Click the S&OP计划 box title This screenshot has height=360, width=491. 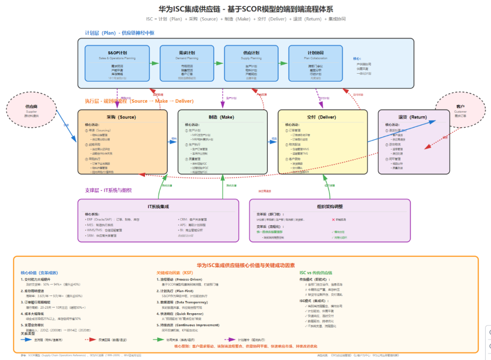(117, 53)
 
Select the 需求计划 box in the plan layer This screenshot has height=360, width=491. (181, 63)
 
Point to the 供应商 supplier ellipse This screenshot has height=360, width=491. (31, 110)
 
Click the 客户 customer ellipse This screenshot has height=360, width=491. (460, 110)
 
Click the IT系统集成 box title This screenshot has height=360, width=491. (158, 206)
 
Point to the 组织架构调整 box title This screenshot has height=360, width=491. (330, 206)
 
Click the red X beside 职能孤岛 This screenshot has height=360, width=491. (333, 220)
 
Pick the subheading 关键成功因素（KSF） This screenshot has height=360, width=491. (175, 273)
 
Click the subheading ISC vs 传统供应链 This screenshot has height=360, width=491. (316, 273)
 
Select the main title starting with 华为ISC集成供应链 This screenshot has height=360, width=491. (245, 9)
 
